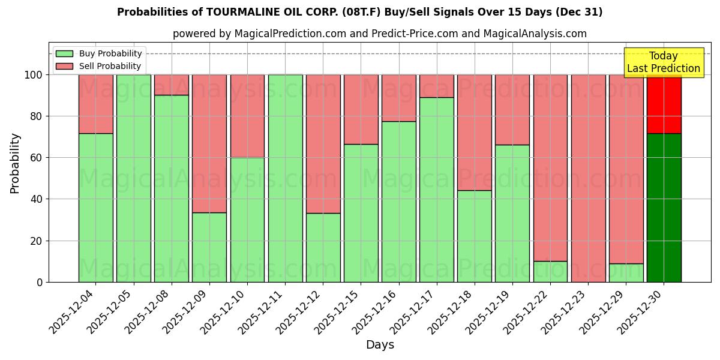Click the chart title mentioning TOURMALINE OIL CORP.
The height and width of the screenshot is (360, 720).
[359, 12]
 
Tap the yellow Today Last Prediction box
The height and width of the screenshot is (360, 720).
[663, 62]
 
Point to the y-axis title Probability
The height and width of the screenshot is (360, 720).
[15, 163]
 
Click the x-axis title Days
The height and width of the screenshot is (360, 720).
[380, 345]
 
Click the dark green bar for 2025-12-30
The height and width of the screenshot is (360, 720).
[664, 208]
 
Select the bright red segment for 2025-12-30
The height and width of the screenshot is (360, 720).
[664, 104]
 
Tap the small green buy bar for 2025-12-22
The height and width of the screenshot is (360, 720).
[550, 271]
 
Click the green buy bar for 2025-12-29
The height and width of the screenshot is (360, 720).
[626, 272]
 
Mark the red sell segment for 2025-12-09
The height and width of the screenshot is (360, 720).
[209, 143]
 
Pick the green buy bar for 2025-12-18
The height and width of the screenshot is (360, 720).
[474, 236]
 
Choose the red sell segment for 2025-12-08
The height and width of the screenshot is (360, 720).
[172, 85]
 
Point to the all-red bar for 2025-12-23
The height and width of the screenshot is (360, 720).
[588, 178]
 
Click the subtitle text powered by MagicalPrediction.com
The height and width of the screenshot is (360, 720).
[379, 34]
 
